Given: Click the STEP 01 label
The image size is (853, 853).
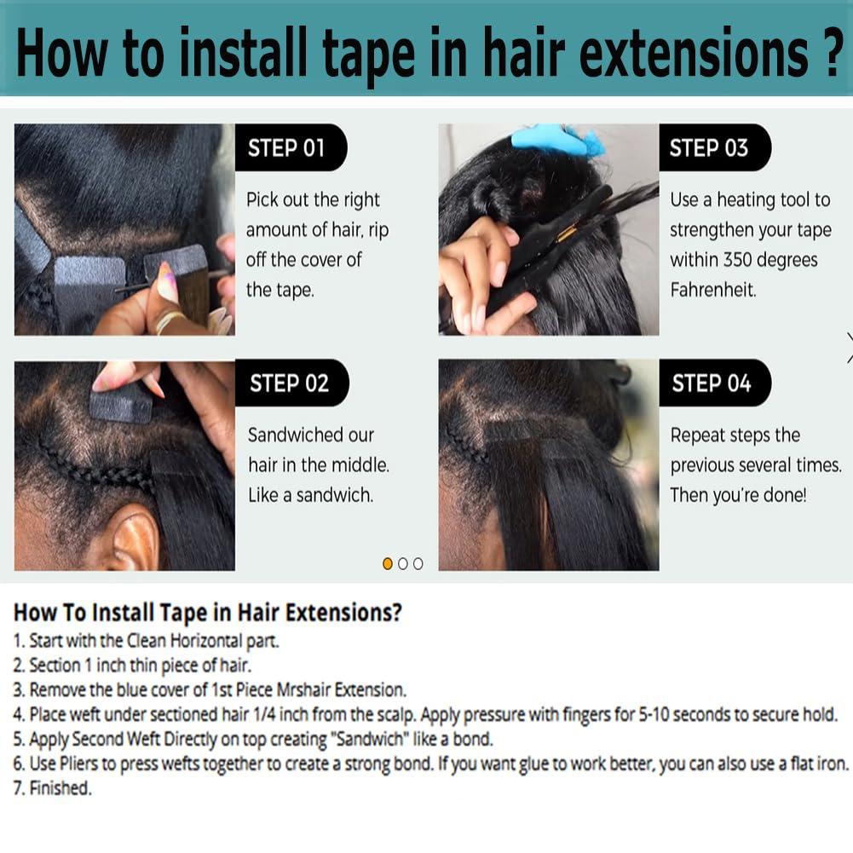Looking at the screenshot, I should [x=286, y=148].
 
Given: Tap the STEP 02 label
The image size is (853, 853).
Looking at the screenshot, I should [x=289, y=383].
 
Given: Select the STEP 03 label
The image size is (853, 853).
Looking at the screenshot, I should [x=708, y=148].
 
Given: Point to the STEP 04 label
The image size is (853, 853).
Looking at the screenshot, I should [x=712, y=383].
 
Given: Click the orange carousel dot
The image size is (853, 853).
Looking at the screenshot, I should [x=388, y=563].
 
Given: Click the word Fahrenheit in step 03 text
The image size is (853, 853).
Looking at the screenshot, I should [x=712, y=290].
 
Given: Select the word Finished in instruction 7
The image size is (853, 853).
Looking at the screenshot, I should [x=59, y=788].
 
